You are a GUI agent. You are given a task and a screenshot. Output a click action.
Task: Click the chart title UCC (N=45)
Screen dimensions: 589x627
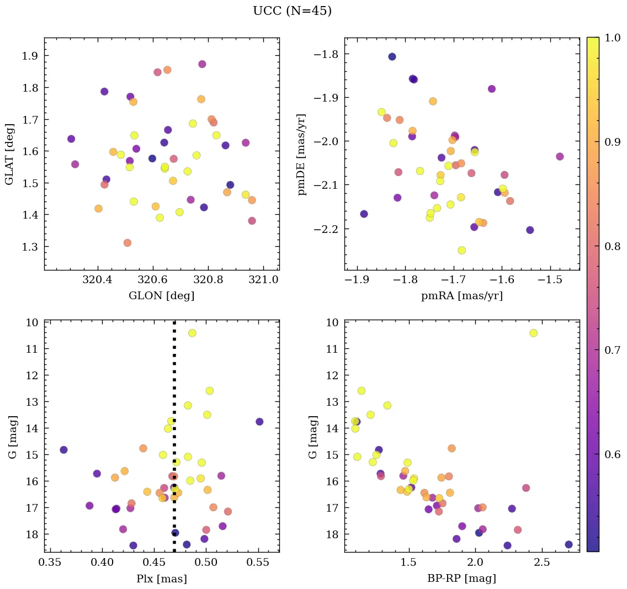click(292, 11)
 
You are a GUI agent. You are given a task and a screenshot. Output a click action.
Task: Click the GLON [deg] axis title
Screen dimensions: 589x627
click(161, 296)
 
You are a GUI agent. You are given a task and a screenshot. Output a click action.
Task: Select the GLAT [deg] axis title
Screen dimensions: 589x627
click(9, 154)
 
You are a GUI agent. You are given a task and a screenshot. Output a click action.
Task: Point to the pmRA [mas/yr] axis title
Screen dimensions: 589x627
click(461, 296)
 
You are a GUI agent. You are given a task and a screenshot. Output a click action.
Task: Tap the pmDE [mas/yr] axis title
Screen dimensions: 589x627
click(302, 154)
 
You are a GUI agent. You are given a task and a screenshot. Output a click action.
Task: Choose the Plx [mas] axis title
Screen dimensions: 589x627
click(161, 579)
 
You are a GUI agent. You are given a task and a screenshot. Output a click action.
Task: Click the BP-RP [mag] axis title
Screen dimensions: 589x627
click(461, 579)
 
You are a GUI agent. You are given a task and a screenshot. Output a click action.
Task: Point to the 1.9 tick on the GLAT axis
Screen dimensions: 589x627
click(30, 56)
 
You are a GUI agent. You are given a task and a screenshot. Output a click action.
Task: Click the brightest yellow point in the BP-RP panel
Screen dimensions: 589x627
click(533, 333)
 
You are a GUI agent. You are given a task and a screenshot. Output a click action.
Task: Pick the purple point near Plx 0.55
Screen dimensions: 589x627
click(259, 422)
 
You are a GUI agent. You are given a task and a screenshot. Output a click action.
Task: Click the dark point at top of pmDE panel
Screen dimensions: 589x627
click(392, 57)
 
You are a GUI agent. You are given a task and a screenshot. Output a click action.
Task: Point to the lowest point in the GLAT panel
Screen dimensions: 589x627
click(127, 243)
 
